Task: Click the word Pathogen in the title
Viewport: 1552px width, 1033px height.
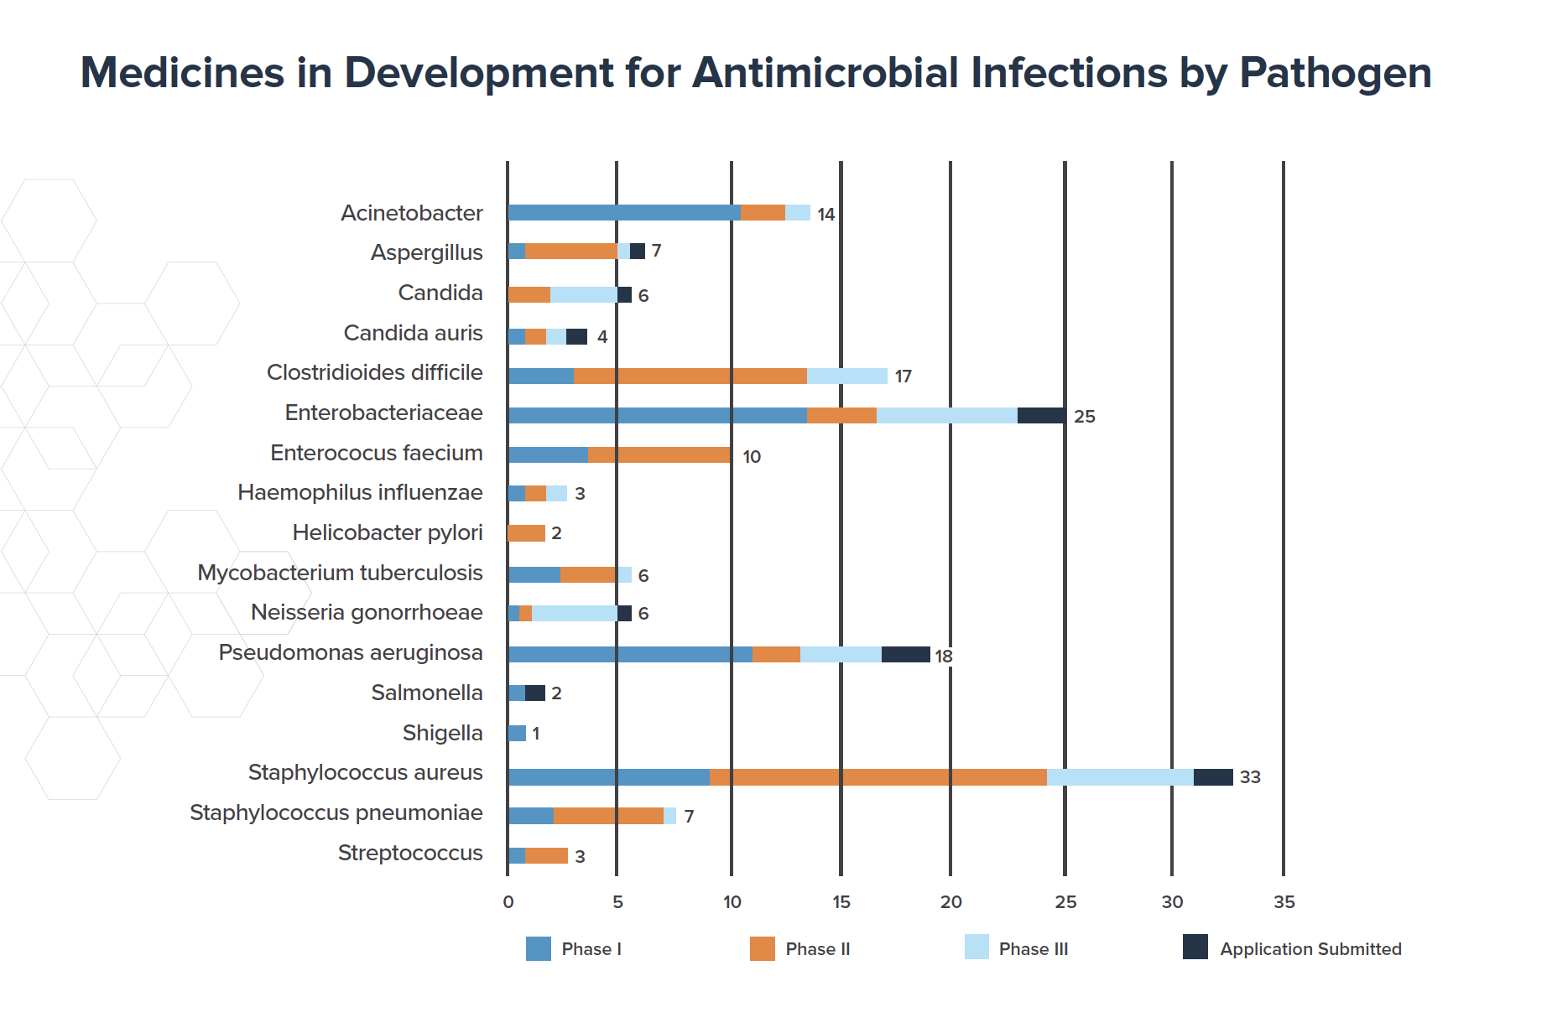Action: [1335, 74]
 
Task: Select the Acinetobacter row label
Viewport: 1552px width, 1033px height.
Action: [411, 213]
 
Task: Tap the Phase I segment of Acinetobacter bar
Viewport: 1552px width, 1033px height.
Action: [624, 213]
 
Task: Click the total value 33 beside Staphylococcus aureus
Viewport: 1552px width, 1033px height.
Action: [1250, 777]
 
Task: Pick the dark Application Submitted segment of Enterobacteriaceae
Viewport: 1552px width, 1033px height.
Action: [1041, 416]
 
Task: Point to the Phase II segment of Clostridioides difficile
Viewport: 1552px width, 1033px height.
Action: [690, 376]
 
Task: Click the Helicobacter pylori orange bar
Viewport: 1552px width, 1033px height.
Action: [527, 533]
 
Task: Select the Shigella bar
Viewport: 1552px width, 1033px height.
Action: [517, 734]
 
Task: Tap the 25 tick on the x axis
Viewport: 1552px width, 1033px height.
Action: [1065, 902]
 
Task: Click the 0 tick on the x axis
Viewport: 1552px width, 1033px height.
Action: [508, 902]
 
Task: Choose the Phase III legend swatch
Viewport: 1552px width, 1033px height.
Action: [977, 947]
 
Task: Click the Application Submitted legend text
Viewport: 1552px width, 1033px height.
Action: [1310, 949]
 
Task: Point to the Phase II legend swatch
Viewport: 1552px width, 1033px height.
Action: [762, 948]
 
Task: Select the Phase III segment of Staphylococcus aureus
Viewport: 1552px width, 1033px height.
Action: [1120, 777]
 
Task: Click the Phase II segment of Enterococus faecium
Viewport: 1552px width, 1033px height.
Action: [659, 455]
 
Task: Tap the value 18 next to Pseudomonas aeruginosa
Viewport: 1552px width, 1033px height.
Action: [944, 657]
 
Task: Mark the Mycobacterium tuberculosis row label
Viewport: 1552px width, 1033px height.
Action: [340, 573]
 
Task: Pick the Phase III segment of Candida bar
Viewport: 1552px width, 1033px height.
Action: [584, 295]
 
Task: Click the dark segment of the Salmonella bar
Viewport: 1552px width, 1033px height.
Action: [535, 693]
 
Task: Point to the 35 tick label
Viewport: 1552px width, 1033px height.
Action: [1284, 902]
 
